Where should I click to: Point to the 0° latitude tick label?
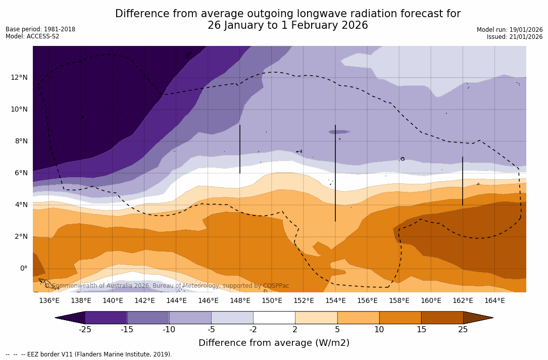click(23, 268)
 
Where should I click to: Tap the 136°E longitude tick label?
click(49, 300)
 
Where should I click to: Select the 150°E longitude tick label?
click(272, 300)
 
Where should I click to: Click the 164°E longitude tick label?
click(494, 300)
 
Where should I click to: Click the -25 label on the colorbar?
click(85, 330)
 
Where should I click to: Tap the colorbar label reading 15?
click(421, 330)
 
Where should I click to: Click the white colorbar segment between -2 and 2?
click(274, 318)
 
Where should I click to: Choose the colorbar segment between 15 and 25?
click(442, 318)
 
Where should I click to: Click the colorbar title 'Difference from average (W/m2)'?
click(274, 343)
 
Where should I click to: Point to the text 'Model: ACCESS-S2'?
click(32, 36)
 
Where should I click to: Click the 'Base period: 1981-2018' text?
click(40, 29)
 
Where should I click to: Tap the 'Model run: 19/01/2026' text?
click(510, 30)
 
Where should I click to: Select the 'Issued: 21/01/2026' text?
click(515, 37)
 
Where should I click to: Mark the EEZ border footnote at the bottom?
click(89, 354)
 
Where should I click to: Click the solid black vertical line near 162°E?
click(462, 181)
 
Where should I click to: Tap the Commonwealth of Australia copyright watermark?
click(167, 286)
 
